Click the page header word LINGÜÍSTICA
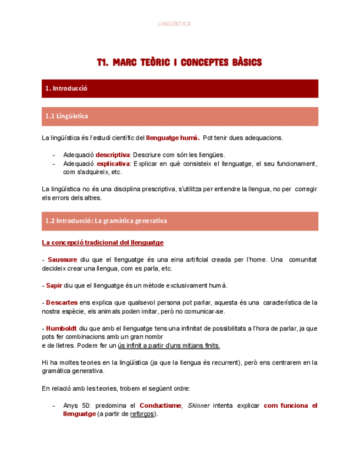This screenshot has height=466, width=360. pyautogui.click(x=174, y=24)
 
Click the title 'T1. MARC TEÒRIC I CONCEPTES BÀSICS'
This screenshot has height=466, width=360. pyautogui.click(x=179, y=63)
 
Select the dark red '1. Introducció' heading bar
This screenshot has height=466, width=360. pyautogui.click(x=180, y=88)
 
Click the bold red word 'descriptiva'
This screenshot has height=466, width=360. pyautogui.click(x=113, y=154)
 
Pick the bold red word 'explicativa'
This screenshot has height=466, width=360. pyautogui.click(x=113, y=163)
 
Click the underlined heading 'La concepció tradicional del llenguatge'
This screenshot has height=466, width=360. pyautogui.click(x=102, y=242)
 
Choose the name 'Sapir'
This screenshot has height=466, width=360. pyautogui.click(x=54, y=286)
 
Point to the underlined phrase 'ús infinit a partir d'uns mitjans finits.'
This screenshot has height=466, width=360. pyautogui.click(x=169, y=346)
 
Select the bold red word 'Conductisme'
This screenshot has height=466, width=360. pyautogui.click(x=160, y=406)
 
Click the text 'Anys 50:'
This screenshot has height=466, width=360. pyautogui.click(x=76, y=406)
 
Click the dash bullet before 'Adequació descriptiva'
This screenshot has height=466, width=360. pyautogui.click(x=54, y=154)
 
